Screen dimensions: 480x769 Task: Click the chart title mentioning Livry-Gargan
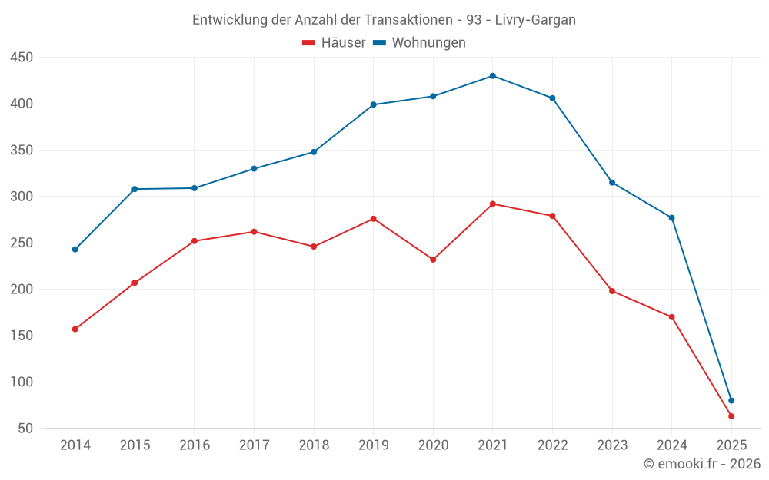tap(384, 19)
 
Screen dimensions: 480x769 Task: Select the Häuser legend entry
tap(334, 43)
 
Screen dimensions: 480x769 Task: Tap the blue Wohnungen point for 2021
tap(493, 76)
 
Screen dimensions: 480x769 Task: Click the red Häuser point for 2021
tap(493, 204)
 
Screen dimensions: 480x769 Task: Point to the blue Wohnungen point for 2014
tap(75, 250)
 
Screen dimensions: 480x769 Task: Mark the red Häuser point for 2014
tap(75, 329)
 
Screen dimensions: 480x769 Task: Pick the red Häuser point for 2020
tap(433, 260)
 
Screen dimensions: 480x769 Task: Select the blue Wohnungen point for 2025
tap(731, 400)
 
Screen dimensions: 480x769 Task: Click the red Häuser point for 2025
tap(731, 416)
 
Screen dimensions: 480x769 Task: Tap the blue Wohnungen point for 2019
tap(374, 104)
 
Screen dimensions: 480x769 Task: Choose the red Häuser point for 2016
tap(195, 241)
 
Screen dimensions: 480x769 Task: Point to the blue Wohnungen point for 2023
tap(612, 183)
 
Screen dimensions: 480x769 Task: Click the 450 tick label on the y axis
tap(22, 58)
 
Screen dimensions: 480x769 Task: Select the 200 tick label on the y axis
tap(22, 290)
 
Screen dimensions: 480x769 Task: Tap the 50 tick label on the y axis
tap(25, 429)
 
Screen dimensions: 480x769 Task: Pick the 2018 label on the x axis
tap(314, 445)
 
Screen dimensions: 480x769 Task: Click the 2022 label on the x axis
tap(552, 445)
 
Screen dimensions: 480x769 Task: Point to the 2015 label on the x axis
tap(135, 445)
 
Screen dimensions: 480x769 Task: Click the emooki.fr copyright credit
tap(702, 464)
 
